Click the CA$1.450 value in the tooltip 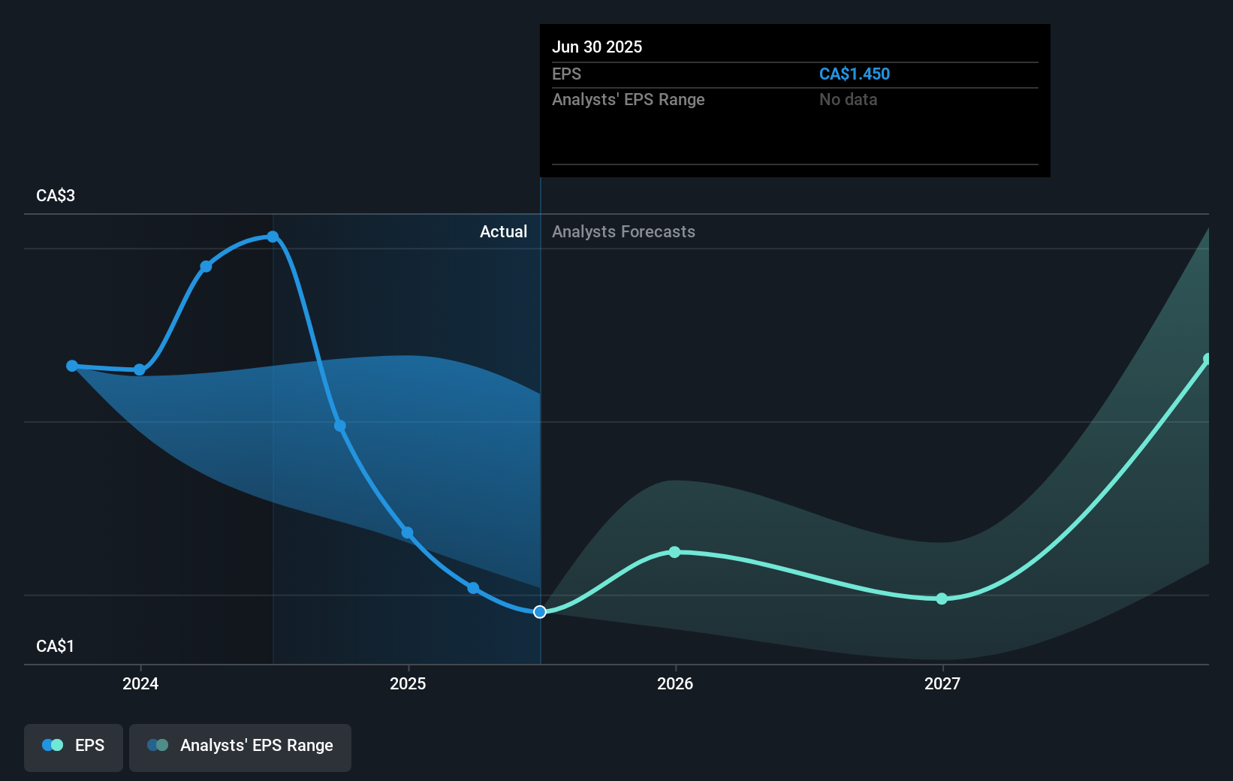pyautogui.click(x=854, y=74)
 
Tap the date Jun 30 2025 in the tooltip pyautogui.click(x=597, y=47)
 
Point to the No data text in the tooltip pyautogui.click(x=848, y=99)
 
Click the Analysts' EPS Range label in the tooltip pyautogui.click(x=628, y=99)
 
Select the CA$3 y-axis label pyautogui.click(x=56, y=195)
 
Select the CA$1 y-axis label pyautogui.click(x=56, y=646)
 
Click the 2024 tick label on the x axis pyautogui.click(x=140, y=683)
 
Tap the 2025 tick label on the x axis pyautogui.click(x=408, y=683)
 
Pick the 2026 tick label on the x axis pyautogui.click(x=675, y=683)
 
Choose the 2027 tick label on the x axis pyautogui.click(x=942, y=683)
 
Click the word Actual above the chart pyautogui.click(x=503, y=231)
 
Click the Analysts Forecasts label pyautogui.click(x=623, y=231)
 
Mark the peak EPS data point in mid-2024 pyautogui.click(x=273, y=237)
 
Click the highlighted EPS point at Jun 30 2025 pyautogui.click(x=540, y=612)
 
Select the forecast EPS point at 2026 pyautogui.click(x=674, y=552)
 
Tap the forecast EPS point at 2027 pyautogui.click(x=942, y=599)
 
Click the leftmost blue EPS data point pyautogui.click(x=72, y=366)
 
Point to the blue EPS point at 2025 pyautogui.click(x=407, y=532)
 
